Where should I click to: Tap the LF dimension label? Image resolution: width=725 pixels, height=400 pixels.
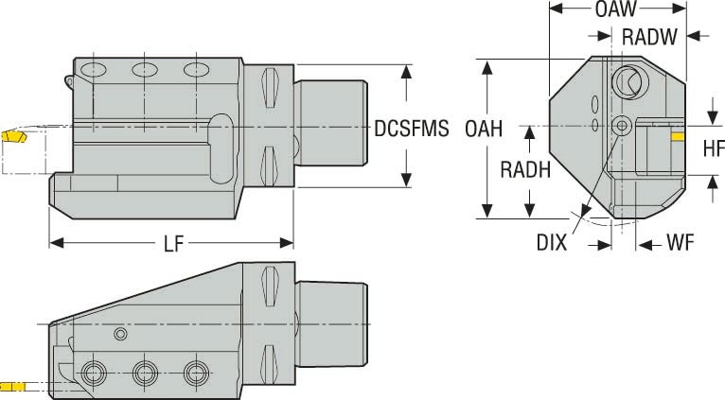coord(172,244)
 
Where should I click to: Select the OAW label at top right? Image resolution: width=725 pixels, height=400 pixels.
coord(615,10)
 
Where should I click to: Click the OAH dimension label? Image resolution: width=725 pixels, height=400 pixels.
coord(484,128)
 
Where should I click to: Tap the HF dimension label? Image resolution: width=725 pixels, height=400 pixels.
coord(713,148)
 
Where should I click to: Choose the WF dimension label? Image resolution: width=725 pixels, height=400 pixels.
coord(681,243)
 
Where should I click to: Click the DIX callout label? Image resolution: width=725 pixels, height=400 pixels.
coord(551,243)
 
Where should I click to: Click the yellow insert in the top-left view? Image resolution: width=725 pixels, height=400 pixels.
coord(14,137)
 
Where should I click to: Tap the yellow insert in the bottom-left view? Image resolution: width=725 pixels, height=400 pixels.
coord(13,386)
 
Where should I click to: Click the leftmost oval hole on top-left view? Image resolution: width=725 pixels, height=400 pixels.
coord(93,69)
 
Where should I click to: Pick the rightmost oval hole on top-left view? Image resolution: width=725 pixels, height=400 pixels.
coord(196,69)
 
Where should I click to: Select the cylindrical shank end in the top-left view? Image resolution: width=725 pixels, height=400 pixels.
coord(330,128)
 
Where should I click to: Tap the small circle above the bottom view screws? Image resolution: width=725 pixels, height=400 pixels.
coord(119,334)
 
